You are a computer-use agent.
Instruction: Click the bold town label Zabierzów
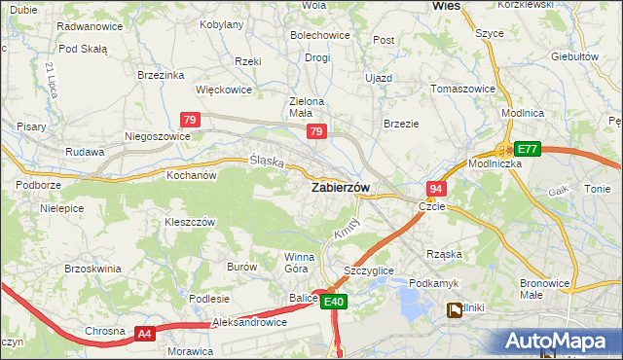click(340, 188)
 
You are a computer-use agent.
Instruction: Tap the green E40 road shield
click(334, 303)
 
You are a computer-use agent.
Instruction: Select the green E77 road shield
click(527, 149)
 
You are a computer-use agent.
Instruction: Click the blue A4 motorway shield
click(144, 334)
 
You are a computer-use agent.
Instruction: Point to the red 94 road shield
click(435, 189)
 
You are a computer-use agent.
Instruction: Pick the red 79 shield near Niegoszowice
click(191, 120)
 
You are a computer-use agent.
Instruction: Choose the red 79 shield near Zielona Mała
click(315, 130)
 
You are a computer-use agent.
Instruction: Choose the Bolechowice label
click(319, 36)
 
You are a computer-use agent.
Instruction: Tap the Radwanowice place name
click(90, 26)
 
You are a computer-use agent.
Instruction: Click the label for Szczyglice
click(369, 270)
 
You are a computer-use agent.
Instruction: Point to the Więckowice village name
click(224, 90)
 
